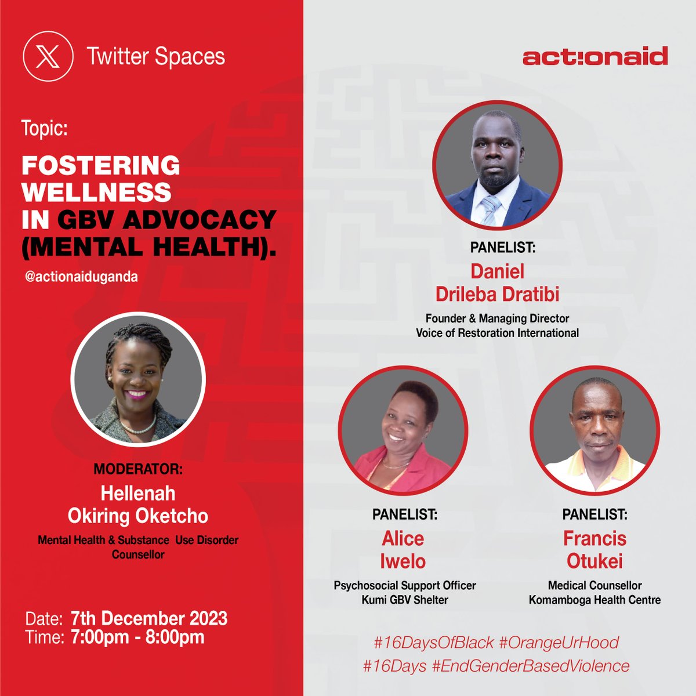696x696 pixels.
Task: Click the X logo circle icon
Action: pos(48,57)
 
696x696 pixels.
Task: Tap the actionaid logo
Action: pos(594,57)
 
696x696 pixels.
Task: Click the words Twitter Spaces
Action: pos(155,57)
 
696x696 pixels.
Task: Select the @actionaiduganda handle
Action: pos(81,277)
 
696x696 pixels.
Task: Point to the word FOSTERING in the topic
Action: pos(101,166)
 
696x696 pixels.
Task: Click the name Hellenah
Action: pos(138,493)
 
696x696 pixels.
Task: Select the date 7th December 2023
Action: pos(148,618)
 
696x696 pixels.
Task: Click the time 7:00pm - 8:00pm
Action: pos(137,637)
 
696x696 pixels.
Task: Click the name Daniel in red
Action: pos(497,271)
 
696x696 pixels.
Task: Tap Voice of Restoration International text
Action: pos(497,333)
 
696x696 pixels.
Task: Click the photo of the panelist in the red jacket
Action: pos(403,429)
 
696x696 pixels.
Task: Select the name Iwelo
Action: pos(403,561)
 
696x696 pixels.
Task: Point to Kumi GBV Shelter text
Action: pos(404,600)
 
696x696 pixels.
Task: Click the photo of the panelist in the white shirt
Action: pos(594,429)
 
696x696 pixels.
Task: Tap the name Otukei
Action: pos(594,561)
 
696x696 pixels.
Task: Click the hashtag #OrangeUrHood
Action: pos(559,643)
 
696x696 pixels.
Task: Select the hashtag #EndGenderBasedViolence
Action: pos(530,666)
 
